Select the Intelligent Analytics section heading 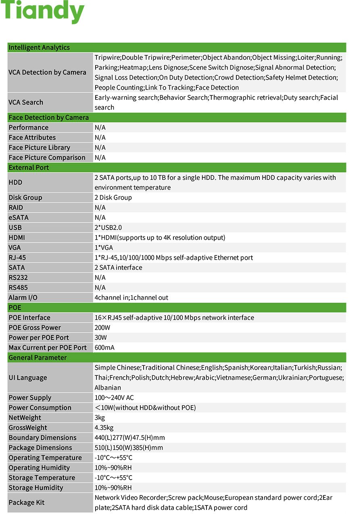(39, 48)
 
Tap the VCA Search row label (26, 103)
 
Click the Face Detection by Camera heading (48, 118)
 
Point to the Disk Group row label (25, 198)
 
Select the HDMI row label (17, 238)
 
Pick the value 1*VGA (104, 248)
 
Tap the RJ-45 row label (17, 258)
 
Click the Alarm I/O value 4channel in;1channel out (131, 298)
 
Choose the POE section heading (15, 308)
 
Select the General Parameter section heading (38, 358)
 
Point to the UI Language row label (28, 378)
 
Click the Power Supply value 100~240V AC (114, 398)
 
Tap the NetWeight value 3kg (100, 418)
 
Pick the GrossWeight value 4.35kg (104, 428)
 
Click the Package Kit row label (27, 503)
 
